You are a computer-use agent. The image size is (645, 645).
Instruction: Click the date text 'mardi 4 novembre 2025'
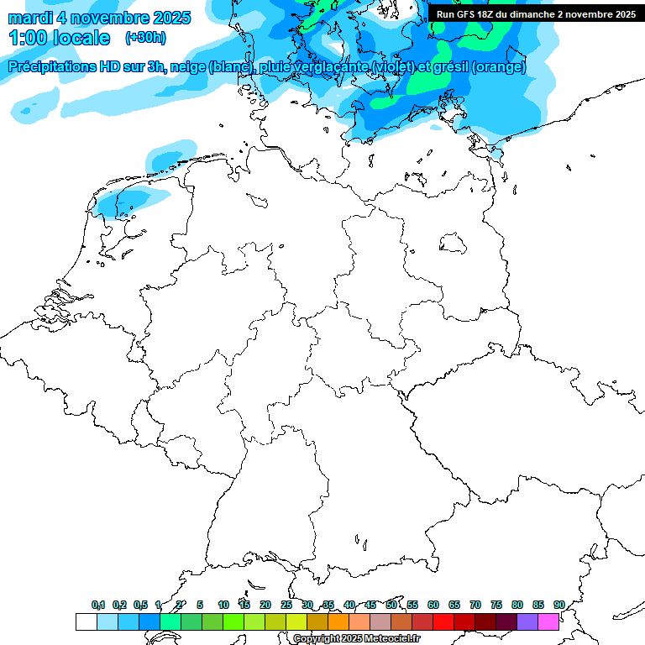[99, 18]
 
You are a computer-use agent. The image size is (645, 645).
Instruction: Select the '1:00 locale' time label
[60, 38]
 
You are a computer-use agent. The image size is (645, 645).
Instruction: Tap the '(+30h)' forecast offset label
[145, 38]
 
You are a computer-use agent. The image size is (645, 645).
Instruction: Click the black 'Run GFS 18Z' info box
[536, 14]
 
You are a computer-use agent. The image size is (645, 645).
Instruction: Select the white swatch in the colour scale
[86, 622]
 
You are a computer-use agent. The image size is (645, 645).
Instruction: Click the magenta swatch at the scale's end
[548, 622]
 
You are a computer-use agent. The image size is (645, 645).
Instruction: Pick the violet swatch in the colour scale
[527, 622]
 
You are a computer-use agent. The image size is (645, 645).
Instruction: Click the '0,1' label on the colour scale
[98, 605]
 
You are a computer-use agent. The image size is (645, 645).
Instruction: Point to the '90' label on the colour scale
[558, 605]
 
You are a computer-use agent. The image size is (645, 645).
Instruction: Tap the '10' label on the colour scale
[223, 605]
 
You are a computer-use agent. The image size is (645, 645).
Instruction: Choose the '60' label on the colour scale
[433, 605]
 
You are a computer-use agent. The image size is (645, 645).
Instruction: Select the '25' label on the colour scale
[286, 605]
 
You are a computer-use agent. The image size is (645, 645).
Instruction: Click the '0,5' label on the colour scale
[140, 605]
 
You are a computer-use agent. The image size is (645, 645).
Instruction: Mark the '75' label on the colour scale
[496, 605]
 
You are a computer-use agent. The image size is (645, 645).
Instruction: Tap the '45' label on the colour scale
[370, 605]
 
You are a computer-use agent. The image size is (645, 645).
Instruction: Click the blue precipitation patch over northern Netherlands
[123, 202]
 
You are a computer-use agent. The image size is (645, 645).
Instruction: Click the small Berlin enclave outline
[454, 243]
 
